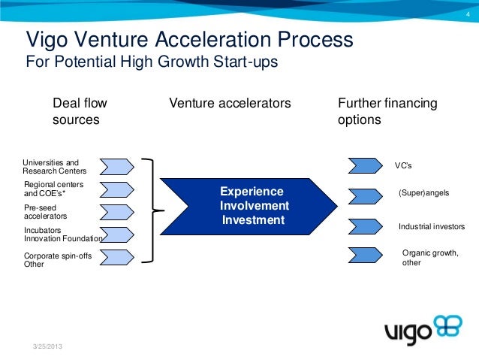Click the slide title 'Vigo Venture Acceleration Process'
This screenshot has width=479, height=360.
(x=189, y=38)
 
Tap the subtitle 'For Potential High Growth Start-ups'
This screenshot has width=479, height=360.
(x=152, y=62)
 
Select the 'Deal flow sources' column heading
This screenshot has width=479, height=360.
(x=78, y=111)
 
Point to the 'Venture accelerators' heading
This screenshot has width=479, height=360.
(x=230, y=103)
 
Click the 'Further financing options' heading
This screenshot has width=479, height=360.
(x=388, y=111)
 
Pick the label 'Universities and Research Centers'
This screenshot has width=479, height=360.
(x=55, y=166)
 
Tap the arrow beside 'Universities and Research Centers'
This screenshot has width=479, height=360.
(x=116, y=165)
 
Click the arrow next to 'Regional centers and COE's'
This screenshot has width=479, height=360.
(x=116, y=189)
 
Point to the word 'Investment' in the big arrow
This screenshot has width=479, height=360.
(x=254, y=220)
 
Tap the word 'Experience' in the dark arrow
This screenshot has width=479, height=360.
(x=252, y=192)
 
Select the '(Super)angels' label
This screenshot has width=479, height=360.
(x=423, y=193)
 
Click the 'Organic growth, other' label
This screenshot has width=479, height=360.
(x=430, y=258)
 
